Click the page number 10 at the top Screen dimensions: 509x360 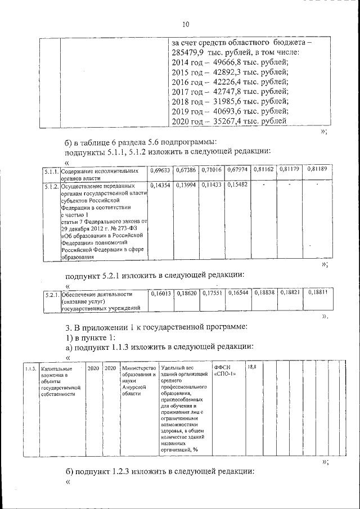coord(186,24)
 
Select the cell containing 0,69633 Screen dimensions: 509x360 coord(160,169)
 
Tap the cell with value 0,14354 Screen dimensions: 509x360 coord(160,184)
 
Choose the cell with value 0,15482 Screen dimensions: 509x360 coord(237,184)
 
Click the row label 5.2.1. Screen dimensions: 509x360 coord(52,294)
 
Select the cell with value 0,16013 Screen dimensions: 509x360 coord(160,293)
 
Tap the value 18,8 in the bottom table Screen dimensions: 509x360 coord(252,367)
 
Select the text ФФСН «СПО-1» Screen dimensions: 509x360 coord(226,372)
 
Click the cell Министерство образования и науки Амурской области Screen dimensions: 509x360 coord(137,381)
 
